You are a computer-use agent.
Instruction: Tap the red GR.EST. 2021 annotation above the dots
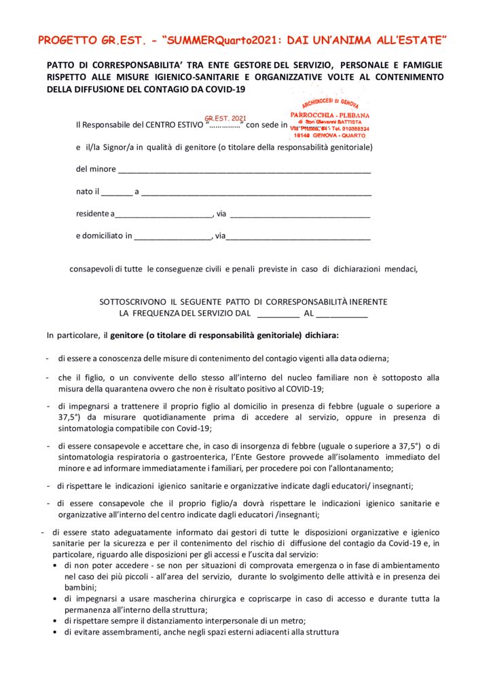click(x=225, y=118)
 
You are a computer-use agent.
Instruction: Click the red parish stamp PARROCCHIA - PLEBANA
click(x=330, y=115)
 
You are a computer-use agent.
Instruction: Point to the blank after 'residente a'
click(x=163, y=214)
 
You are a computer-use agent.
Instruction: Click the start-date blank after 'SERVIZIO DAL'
click(x=278, y=314)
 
